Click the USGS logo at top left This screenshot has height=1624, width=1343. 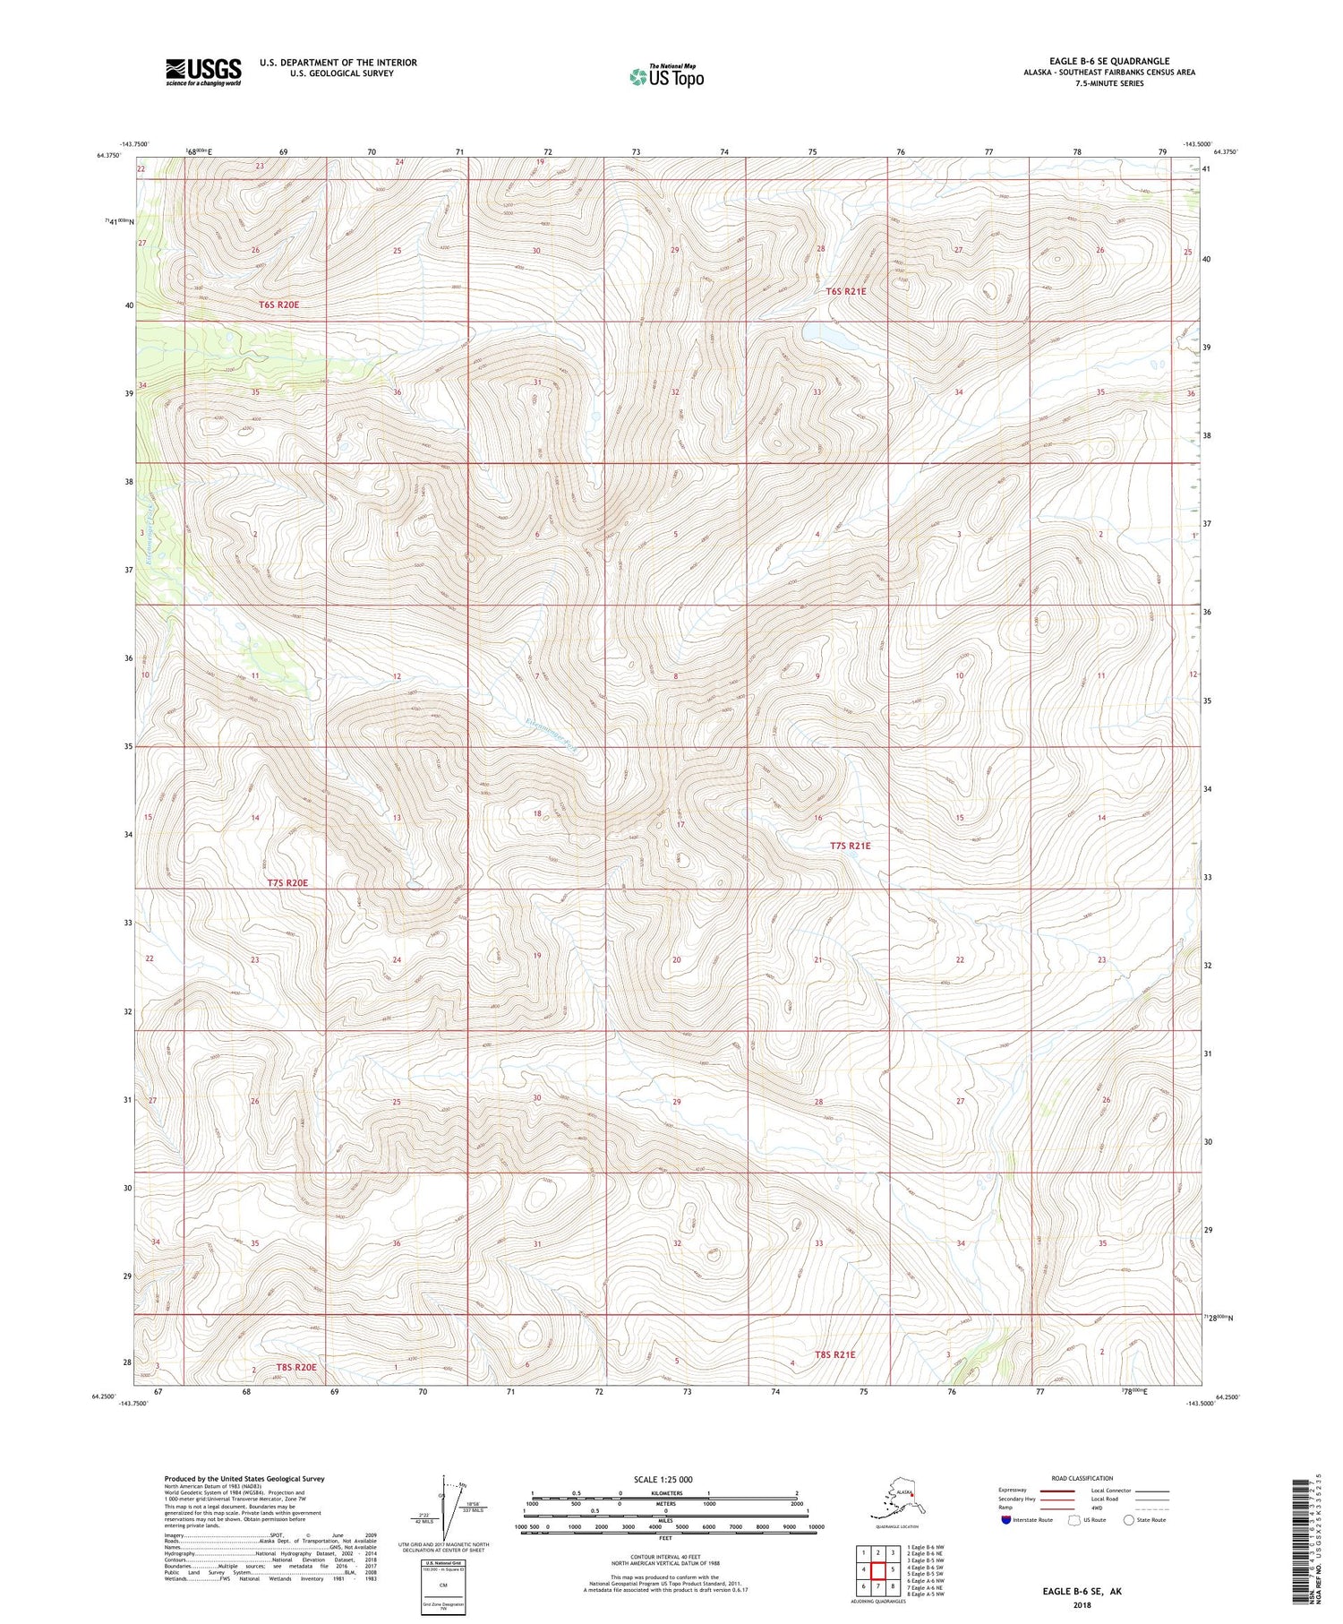click(x=203, y=72)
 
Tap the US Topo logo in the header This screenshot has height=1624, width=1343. click(x=666, y=76)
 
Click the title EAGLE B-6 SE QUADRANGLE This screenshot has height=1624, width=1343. click(x=1109, y=61)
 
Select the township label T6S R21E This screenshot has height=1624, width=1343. click(x=845, y=291)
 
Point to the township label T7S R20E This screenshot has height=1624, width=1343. click(x=287, y=883)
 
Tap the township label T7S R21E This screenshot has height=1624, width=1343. click(x=850, y=846)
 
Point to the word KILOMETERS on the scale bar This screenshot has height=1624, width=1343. click(x=664, y=1492)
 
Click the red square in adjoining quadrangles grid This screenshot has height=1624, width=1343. click(x=877, y=1570)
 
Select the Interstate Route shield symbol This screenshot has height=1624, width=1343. click(x=1006, y=1519)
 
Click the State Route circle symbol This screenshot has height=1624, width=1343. click(x=1128, y=1519)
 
